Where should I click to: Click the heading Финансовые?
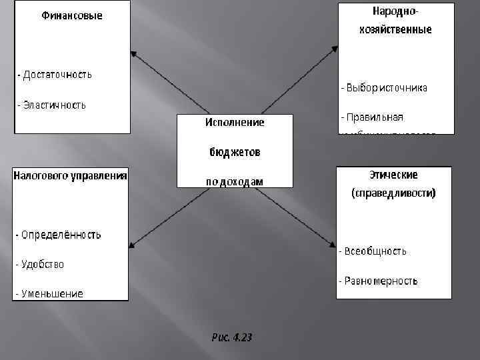point(72,15)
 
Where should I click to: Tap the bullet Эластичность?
point(51,105)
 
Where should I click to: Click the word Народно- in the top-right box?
point(397,12)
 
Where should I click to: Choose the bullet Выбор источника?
point(385,87)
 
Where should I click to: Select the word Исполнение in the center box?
point(234,123)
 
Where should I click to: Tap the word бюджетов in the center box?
point(234,153)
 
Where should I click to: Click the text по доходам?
point(234,181)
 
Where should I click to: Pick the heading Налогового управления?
point(71,176)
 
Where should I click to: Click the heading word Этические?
point(393,175)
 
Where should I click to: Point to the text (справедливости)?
point(393,193)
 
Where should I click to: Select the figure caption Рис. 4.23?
point(231,338)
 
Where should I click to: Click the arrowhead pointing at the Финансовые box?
point(133,54)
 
